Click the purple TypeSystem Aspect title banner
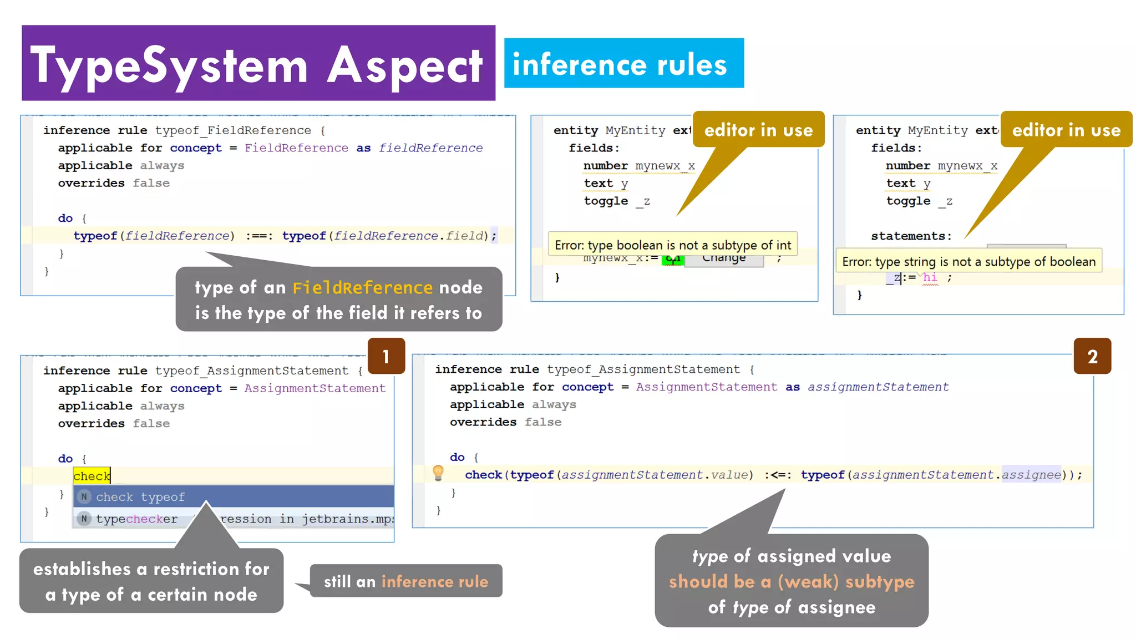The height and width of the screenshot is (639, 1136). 258,63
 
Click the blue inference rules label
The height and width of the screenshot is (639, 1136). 623,63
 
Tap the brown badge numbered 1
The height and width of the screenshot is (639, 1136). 386,356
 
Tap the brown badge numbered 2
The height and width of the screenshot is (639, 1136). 1092,356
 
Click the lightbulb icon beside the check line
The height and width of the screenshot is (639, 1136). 438,473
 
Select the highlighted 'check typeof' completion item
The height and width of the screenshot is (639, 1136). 140,497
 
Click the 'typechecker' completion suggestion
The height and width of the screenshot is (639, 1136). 136,519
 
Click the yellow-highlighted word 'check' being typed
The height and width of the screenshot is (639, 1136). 92,476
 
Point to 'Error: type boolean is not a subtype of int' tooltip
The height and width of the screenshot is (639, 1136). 672,245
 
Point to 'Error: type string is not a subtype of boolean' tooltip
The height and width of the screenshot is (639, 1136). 968,261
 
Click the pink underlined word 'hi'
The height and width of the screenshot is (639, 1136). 930,277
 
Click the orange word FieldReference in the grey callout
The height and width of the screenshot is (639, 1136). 362,288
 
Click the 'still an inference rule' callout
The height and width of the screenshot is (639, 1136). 405,581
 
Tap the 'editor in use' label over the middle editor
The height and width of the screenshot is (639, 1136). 758,130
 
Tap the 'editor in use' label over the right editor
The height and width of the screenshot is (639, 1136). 1066,130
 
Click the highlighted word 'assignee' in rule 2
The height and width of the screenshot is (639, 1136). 1031,475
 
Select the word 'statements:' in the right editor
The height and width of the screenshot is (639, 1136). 911,236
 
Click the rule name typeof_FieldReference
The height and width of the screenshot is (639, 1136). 233,130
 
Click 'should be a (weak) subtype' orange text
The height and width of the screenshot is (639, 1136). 791,582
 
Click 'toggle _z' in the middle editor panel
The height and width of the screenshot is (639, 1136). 616,201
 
